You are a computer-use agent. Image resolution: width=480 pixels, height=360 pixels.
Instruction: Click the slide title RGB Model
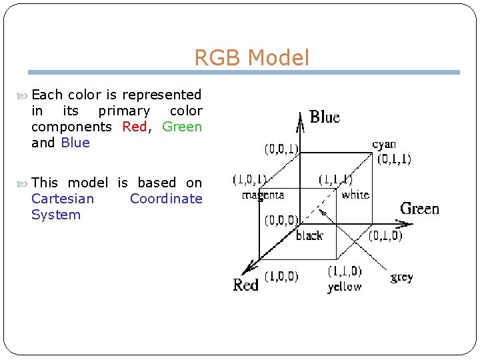point(251,58)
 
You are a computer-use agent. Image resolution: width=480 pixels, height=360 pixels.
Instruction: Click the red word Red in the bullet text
point(135,127)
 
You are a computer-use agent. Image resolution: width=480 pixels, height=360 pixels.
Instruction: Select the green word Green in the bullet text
point(182,127)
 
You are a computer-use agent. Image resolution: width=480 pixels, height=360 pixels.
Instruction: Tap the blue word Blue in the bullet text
point(75,143)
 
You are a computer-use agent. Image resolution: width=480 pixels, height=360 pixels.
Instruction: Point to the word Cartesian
point(63,199)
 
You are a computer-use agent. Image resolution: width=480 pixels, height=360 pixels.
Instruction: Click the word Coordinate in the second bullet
point(166,199)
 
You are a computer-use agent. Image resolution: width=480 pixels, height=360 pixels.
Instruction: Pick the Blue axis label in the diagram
point(325,117)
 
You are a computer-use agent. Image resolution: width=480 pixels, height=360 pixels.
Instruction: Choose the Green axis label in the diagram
point(419,209)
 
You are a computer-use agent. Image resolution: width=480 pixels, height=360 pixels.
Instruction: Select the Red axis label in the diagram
point(245,285)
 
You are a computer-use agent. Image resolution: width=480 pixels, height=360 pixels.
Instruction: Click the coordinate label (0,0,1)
point(282,148)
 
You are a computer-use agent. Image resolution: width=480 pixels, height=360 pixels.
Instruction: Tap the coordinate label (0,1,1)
point(394,159)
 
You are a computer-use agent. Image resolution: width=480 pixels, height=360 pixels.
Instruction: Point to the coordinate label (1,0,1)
point(249,179)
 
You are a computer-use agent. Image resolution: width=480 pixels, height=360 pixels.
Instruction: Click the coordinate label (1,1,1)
point(335,179)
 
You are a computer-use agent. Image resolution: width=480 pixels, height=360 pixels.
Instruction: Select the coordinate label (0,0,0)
point(281,220)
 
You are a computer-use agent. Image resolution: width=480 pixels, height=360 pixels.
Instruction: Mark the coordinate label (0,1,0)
point(385,235)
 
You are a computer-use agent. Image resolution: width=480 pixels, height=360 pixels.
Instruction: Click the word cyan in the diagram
point(384,144)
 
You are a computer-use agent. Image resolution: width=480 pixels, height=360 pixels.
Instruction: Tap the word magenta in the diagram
point(263,195)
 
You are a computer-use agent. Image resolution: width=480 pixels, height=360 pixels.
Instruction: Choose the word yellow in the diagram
point(345,287)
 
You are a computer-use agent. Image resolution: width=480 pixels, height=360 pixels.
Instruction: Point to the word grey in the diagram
point(401,277)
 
